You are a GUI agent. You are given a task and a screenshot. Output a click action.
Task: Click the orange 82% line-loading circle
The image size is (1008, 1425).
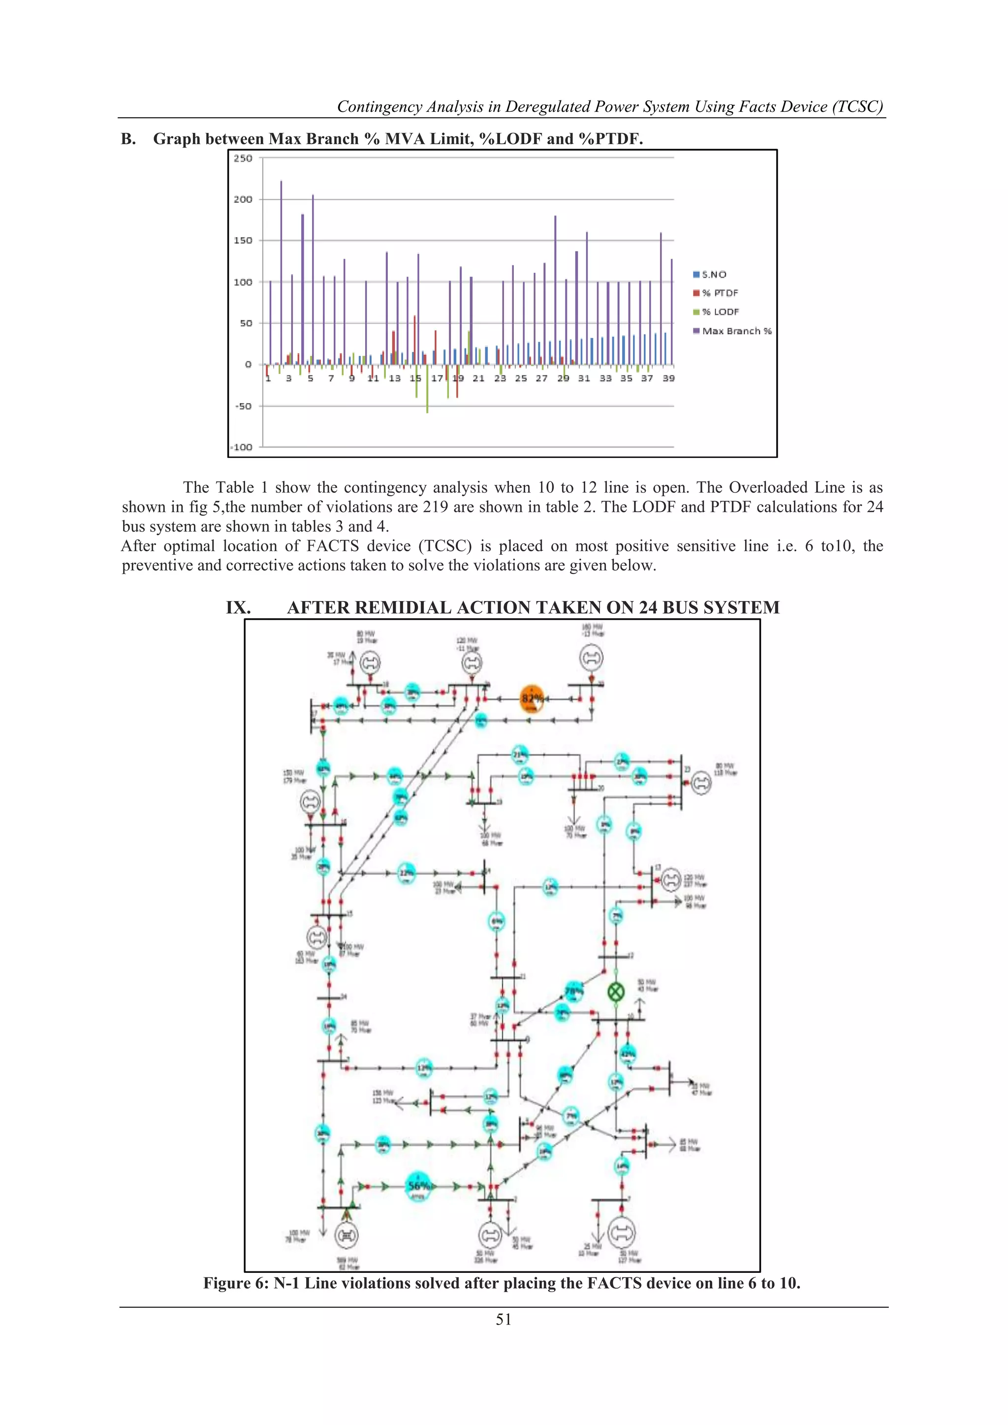click(x=531, y=698)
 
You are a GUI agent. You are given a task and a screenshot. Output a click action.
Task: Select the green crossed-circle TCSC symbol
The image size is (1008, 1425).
click(x=616, y=992)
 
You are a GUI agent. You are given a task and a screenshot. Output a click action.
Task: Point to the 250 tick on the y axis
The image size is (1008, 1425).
click(x=243, y=158)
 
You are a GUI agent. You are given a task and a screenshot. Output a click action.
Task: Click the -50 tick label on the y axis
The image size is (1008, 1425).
click(x=243, y=406)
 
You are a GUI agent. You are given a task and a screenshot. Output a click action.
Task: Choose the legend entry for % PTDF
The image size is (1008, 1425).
click(x=716, y=293)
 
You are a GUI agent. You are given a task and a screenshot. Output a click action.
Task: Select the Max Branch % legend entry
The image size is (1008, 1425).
click(x=732, y=331)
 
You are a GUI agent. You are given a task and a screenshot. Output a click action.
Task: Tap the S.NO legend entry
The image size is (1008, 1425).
click(x=710, y=274)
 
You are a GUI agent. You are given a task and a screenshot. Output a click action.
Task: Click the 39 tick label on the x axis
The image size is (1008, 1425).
click(x=668, y=378)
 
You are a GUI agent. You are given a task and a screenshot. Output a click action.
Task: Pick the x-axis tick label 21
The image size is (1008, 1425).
click(x=478, y=378)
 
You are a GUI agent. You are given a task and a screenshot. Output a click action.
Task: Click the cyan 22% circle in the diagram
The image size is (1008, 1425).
click(x=406, y=873)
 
